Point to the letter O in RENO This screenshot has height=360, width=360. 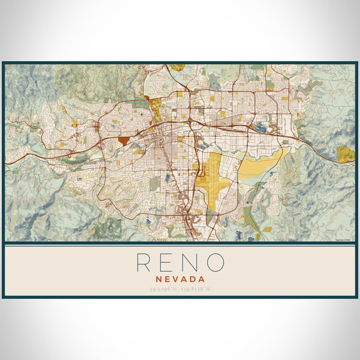215,262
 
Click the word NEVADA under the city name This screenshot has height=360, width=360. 180,278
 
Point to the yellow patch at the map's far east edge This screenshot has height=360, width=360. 345,154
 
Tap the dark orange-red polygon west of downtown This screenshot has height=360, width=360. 124,141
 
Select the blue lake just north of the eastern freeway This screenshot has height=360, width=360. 262,127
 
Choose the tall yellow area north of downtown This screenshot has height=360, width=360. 155,109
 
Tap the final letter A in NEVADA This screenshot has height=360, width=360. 202,278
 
